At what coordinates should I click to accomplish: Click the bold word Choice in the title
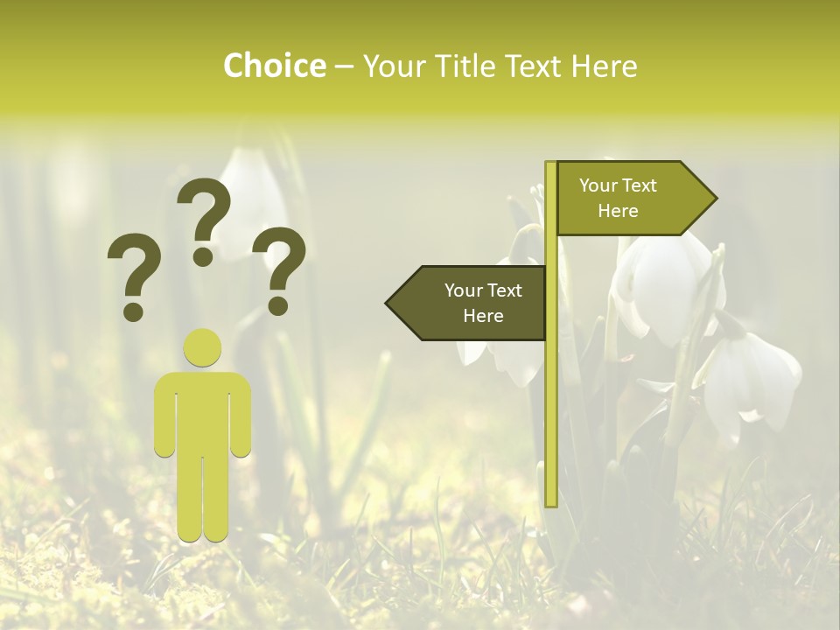click(x=274, y=66)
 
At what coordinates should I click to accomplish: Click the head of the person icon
click(x=203, y=347)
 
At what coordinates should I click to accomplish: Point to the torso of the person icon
click(x=203, y=411)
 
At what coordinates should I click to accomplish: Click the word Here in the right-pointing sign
click(x=618, y=211)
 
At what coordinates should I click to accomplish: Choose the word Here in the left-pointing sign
click(x=483, y=316)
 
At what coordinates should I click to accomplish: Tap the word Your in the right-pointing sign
click(x=598, y=185)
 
